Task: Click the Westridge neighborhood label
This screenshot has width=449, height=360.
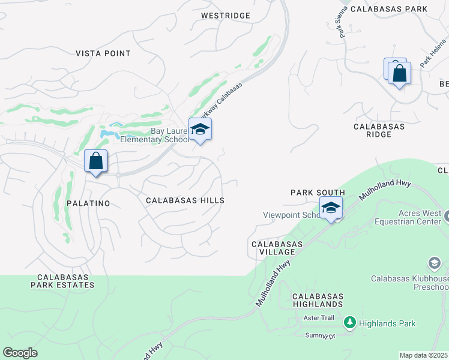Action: pyautogui.click(x=225, y=15)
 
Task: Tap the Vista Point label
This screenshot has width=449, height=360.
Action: pyautogui.click(x=103, y=53)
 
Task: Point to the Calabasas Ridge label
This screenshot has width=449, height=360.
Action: pyautogui.click(x=379, y=130)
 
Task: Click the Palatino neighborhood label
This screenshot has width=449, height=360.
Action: pyautogui.click(x=88, y=203)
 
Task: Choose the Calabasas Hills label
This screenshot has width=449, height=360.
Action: pyautogui.click(x=185, y=200)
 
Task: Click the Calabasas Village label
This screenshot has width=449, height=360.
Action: pyautogui.click(x=277, y=248)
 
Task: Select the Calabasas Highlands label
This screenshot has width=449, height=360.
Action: pyautogui.click(x=318, y=301)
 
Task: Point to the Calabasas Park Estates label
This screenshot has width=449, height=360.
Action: pyautogui.click(x=65, y=281)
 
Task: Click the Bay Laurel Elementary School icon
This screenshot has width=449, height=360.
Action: pyautogui.click(x=200, y=129)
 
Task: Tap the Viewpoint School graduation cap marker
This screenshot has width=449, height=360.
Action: pyautogui.click(x=331, y=208)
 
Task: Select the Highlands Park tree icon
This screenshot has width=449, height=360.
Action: pyautogui.click(x=349, y=323)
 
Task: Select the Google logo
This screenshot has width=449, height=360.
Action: pyautogui.click(x=20, y=353)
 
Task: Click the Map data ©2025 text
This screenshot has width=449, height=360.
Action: pyautogui.click(x=423, y=355)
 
